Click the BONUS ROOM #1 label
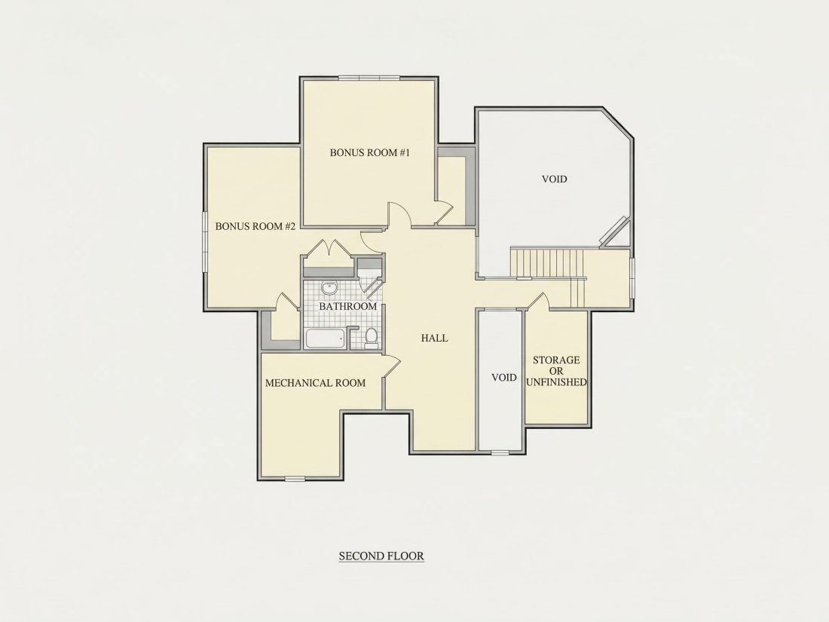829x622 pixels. pos(370,153)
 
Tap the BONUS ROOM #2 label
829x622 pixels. pos(255,226)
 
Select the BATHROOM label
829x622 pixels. pos(348,306)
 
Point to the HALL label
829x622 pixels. pos(435,338)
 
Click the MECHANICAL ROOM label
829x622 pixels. pos(315,383)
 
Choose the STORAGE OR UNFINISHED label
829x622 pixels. pos(556,371)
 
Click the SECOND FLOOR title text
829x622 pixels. pos(381,556)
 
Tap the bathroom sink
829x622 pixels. pos(330,288)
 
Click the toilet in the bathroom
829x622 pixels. pos(372,338)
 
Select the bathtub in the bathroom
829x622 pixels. pos(326,339)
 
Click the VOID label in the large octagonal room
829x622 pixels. pos(555,179)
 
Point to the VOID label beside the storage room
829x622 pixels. pos(504,378)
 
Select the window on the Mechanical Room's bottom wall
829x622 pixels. pos(295,479)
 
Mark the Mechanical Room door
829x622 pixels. pos(391,366)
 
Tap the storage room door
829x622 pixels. pos(537,301)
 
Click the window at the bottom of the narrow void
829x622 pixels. pos(500,452)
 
